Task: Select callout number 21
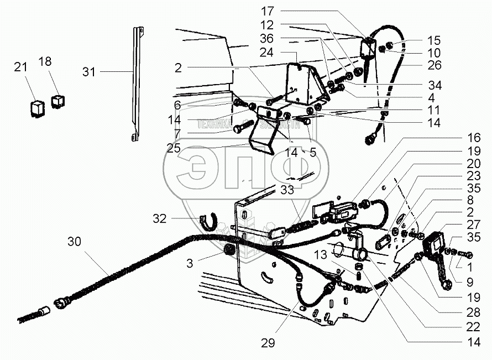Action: tap(20, 67)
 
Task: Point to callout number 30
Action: tap(75, 241)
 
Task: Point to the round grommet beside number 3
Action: tap(227, 252)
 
